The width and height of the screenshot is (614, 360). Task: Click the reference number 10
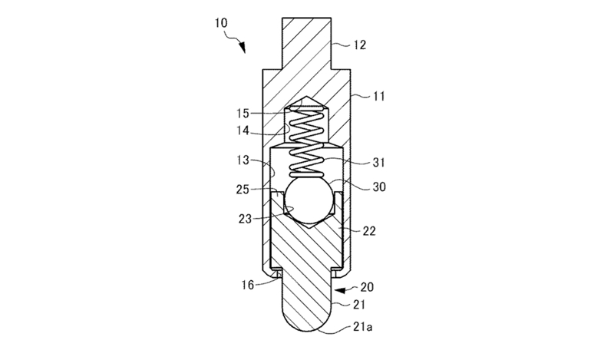tap(221, 23)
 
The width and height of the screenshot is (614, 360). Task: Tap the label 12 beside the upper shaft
tap(359, 45)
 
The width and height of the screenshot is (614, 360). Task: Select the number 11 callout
tap(378, 96)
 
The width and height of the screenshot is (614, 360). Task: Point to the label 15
tap(243, 113)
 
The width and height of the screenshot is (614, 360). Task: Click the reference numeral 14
tap(243, 130)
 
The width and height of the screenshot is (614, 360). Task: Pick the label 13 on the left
tap(243, 160)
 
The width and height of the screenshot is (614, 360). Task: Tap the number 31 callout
tap(378, 162)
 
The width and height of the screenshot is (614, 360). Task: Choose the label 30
tap(379, 187)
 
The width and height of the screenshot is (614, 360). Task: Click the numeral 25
tap(243, 189)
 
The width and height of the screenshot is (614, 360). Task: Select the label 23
tap(245, 219)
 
